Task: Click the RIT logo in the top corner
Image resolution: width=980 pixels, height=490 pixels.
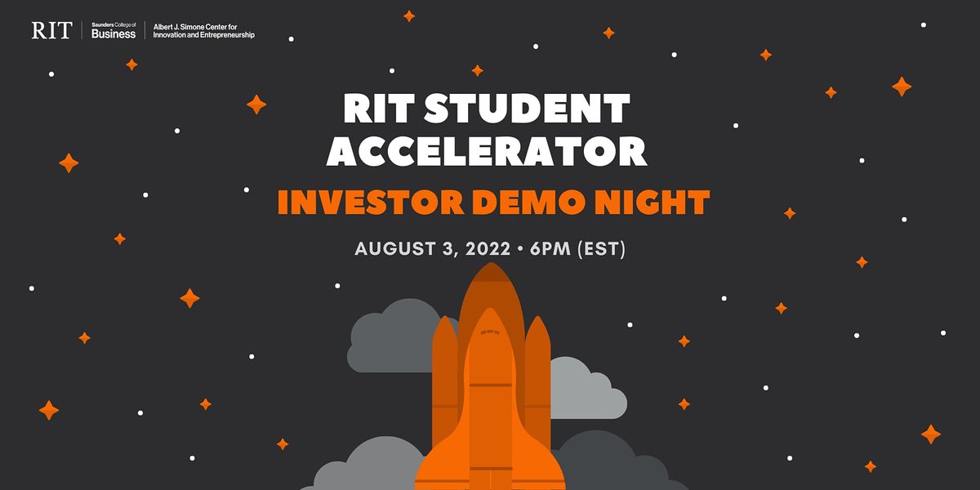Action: click(x=51, y=31)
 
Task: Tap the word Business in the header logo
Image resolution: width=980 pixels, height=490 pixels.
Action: click(x=114, y=34)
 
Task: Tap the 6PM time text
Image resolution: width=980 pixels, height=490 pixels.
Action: click(x=550, y=249)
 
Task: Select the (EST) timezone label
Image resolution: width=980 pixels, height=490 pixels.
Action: click(x=601, y=249)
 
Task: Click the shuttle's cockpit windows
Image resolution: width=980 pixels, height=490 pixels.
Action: click(x=489, y=332)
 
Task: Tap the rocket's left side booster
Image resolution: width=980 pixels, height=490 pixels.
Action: click(x=445, y=376)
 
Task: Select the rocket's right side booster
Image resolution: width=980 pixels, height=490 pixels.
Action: click(x=537, y=376)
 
